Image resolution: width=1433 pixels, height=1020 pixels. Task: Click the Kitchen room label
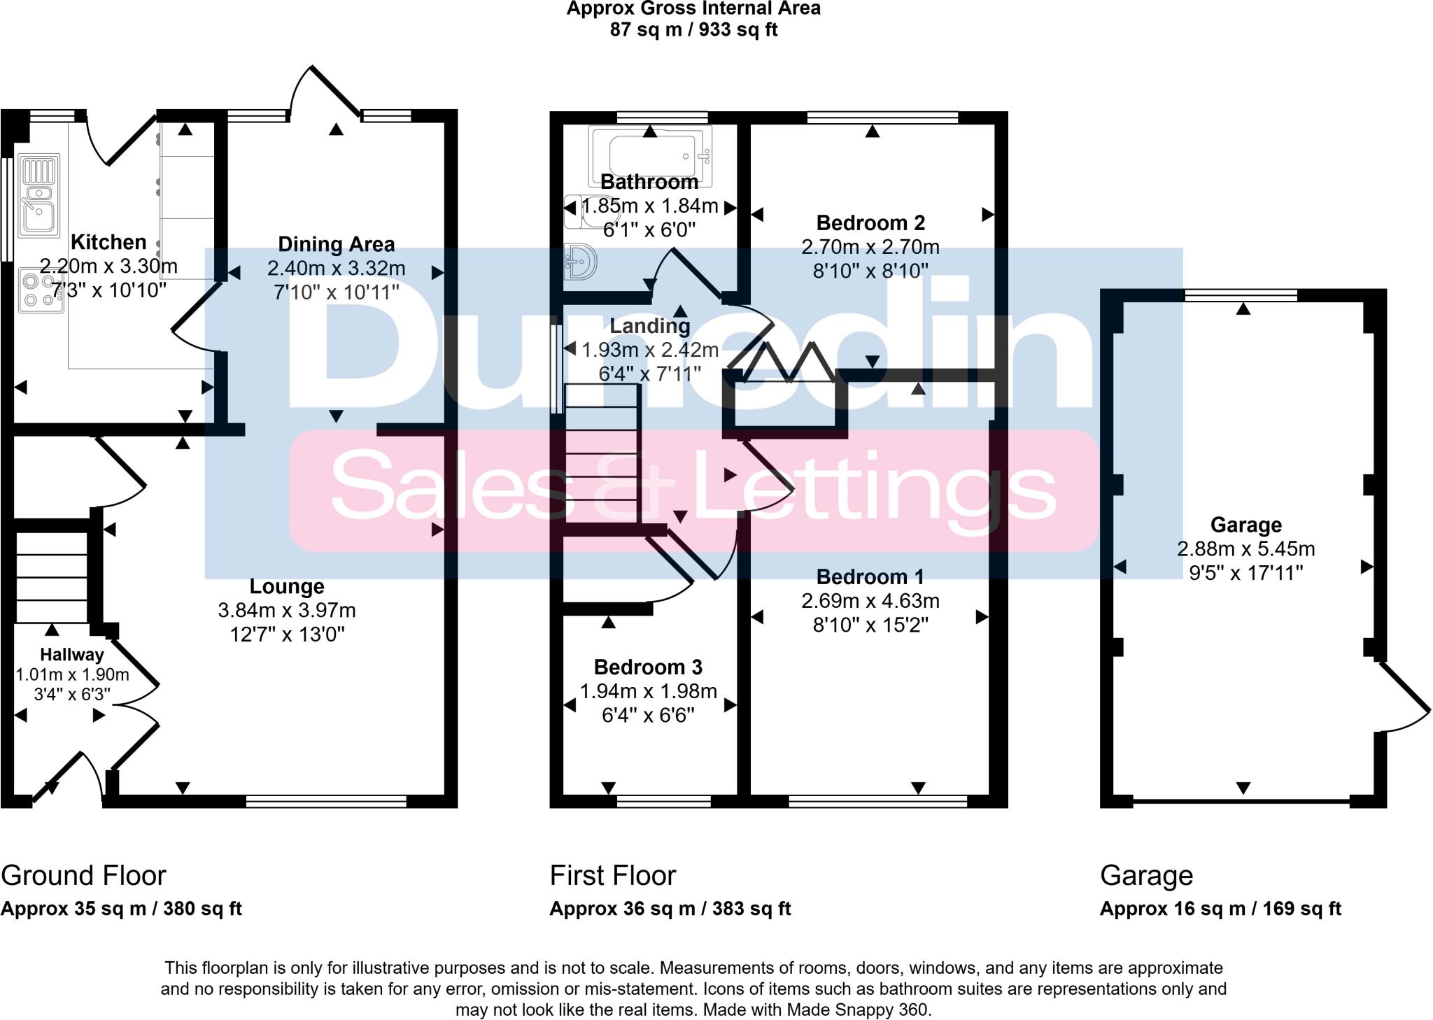(108, 242)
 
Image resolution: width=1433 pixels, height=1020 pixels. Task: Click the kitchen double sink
(39, 197)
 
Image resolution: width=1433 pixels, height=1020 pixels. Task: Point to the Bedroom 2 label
(870, 223)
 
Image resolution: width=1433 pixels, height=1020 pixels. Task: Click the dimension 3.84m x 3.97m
(287, 610)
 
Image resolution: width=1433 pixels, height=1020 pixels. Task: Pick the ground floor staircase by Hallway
(51, 577)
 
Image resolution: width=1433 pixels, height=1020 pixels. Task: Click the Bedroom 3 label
(648, 667)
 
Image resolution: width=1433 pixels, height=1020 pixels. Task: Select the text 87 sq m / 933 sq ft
(693, 30)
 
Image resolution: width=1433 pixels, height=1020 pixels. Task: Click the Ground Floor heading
(83, 875)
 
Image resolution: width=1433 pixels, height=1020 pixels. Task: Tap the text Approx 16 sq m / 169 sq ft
(1220, 909)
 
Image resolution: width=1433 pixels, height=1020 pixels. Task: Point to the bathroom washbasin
(581, 262)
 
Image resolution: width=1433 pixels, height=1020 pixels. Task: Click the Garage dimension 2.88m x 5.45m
(1245, 549)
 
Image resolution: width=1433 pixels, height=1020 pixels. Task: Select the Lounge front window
(326, 801)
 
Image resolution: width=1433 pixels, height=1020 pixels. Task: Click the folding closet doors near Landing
(789, 362)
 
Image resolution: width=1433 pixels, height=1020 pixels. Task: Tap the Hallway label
(71, 655)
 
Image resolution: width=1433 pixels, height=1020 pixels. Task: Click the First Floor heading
(612, 875)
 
